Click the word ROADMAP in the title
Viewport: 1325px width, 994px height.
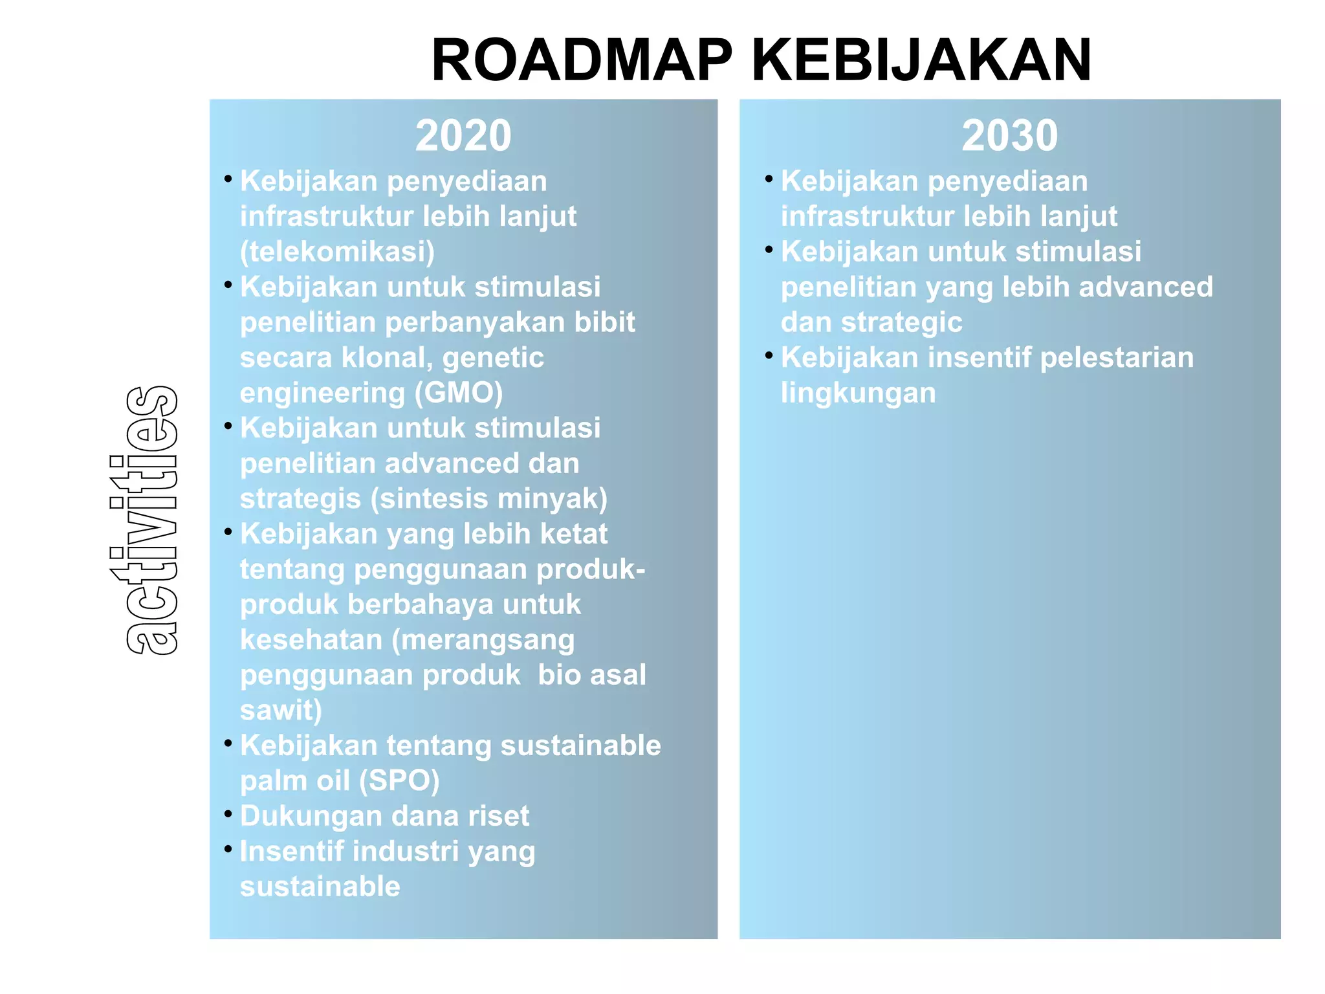pyautogui.click(x=581, y=60)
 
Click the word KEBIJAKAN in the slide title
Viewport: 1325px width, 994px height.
pyautogui.click(x=921, y=60)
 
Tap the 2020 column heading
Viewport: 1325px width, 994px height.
pyautogui.click(x=463, y=136)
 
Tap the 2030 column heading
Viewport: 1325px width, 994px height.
pyautogui.click(x=1009, y=136)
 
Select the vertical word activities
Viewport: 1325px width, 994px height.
pyautogui.click(x=151, y=520)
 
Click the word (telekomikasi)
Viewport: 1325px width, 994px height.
pyautogui.click(x=337, y=252)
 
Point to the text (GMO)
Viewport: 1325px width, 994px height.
pyautogui.click(x=458, y=393)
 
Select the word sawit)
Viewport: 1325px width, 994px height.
pyautogui.click(x=281, y=711)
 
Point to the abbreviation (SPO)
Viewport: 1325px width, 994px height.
pyautogui.click(x=399, y=781)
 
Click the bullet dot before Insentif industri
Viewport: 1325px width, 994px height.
pyautogui.click(x=228, y=848)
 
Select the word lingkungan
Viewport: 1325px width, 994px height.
pyautogui.click(x=858, y=393)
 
